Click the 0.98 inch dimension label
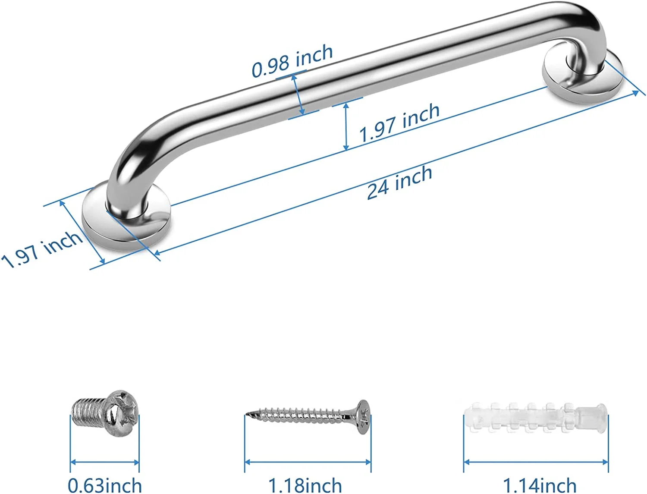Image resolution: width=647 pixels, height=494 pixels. coord(292,61)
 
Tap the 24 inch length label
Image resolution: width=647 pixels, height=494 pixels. coord(399,182)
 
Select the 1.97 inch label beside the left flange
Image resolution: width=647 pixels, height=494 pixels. coord(41,249)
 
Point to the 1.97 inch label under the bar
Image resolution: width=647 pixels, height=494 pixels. coord(399,123)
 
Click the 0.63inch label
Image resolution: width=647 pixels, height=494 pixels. coord(105,485)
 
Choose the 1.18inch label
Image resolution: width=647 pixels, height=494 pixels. coord(305,485)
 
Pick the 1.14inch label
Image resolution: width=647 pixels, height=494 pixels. coord(540,485)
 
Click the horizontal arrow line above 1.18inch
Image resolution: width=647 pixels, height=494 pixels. coord(308,462)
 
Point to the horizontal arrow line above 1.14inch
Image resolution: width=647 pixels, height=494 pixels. coord(536,462)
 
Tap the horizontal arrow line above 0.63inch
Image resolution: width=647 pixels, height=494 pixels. coord(104,463)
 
